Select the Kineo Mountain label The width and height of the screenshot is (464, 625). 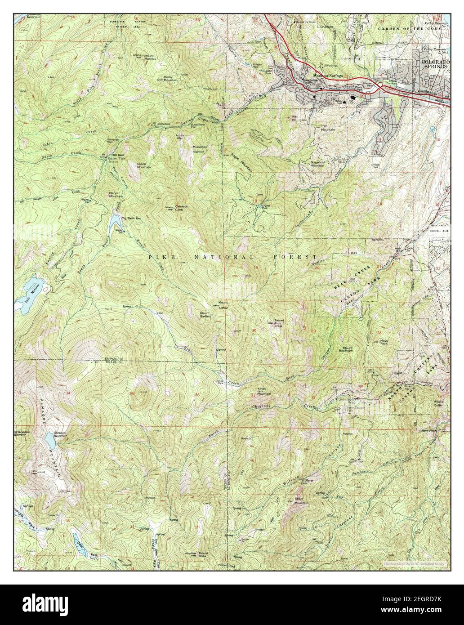point(263,391)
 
